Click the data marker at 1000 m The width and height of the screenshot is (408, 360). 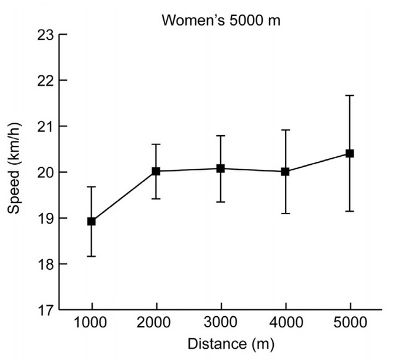[x=91, y=221]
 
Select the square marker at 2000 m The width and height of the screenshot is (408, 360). [x=156, y=171]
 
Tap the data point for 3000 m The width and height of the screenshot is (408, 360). [x=220, y=168]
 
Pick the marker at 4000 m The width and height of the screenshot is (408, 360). [x=285, y=172]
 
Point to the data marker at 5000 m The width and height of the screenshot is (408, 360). [x=349, y=153]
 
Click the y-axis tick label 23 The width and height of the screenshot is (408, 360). [x=44, y=35]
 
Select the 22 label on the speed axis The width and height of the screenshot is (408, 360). [x=44, y=81]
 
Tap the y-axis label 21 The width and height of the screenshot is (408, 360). [x=44, y=127]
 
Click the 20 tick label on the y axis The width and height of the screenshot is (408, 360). [x=44, y=172]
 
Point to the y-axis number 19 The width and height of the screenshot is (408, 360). [x=44, y=219]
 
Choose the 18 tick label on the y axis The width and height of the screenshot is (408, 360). [x=44, y=264]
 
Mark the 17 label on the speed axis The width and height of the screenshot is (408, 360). [x=44, y=310]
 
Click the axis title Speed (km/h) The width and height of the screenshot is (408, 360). [x=15, y=172]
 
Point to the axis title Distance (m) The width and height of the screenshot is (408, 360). [x=221, y=343]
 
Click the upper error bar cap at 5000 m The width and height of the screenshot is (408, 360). [x=349, y=96]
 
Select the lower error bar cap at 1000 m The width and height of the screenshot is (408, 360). [x=91, y=256]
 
